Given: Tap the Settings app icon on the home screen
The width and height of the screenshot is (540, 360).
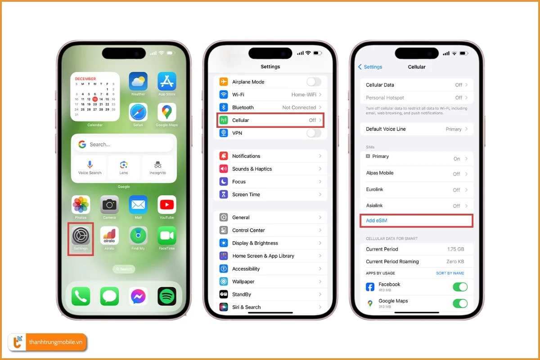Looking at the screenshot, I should (81, 236).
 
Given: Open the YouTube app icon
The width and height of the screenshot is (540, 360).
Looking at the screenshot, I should (166, 205).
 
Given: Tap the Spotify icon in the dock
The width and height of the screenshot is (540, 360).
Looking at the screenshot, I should (166, 297).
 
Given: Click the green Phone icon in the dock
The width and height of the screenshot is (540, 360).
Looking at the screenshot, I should (81, 297).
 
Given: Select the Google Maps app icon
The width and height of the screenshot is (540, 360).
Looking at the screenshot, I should (166, 112).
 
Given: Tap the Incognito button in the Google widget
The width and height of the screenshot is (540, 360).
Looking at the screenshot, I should (157, 167).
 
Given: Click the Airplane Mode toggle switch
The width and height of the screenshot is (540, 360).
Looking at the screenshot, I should (314, 82).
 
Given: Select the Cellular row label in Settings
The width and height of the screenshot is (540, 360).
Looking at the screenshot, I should (240, 121).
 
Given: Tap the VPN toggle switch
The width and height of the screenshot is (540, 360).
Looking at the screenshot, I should (314, 133).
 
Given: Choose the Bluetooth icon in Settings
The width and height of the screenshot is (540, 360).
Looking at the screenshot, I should (224, 108).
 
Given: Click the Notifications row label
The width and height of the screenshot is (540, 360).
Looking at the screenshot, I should (246, 156).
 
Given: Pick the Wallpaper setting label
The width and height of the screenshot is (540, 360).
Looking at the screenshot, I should (243, 282).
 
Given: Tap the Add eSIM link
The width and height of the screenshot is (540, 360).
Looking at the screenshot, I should (377, 220).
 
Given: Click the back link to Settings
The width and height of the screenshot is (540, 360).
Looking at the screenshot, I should (370, 67).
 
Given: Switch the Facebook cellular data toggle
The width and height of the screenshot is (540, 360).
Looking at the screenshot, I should (460, 287).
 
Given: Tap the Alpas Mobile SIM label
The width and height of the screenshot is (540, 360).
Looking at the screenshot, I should (380, 173).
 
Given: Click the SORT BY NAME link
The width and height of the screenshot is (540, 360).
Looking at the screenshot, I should (450, 273).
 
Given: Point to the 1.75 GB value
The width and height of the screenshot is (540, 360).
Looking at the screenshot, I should (455, 249).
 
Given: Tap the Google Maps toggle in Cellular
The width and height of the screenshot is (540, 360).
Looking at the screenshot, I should (460, 303).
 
